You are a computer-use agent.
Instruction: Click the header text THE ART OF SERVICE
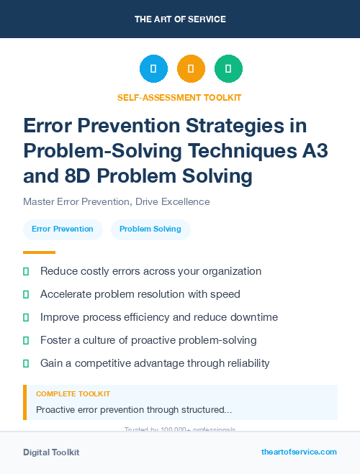[x=180, y=19]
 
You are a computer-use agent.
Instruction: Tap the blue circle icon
[x=153, y=69]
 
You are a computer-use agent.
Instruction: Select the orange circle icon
[x=191, y=69]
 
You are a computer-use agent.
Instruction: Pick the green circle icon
[x=228, y=69]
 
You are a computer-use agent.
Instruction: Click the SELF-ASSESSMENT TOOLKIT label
[x=179, y=97]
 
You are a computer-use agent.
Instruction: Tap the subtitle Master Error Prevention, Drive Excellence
[x=117, y=201]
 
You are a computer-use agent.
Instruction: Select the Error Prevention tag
[x=63, y=229]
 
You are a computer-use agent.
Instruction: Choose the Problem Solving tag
[x=150, y=229]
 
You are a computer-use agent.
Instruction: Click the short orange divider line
[x=39, y=252]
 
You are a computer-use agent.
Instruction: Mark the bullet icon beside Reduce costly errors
[x=26, y=272]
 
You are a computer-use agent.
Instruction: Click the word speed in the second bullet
[x=226, y=294]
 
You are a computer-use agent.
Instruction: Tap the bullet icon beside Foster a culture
[x=26, y=340]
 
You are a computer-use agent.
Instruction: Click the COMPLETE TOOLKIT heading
[x=73, y=394]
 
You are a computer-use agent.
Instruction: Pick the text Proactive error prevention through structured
[x=134, y=409]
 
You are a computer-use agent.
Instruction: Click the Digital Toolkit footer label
[x=51, y=452]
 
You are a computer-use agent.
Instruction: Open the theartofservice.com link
[x=299, y=452]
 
